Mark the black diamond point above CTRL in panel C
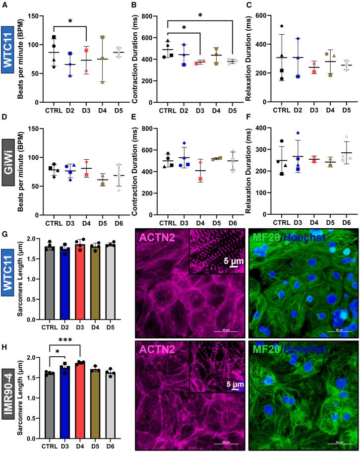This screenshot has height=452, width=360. click(x=281, y=26)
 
